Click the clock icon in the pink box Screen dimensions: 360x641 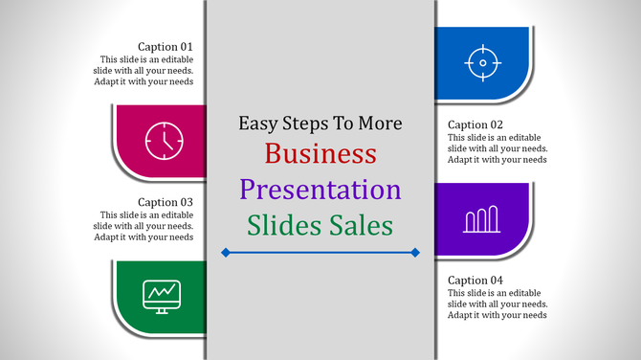coord(164,141)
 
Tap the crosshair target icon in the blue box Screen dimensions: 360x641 coord(483,64)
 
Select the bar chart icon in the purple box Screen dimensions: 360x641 coord(482,219)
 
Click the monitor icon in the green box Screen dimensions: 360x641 coord(160,295)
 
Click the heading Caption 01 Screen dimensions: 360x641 coord(166,46)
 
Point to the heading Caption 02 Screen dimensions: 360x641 coord(475,124)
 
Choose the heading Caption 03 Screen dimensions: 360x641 coord(166,202)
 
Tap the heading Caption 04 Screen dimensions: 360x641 coord(475,280)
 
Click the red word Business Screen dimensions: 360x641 coord(320,153)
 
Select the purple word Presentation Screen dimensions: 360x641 coord(320,189)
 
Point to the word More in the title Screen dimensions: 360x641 coord(378,124)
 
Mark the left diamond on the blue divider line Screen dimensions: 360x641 coord(225,253)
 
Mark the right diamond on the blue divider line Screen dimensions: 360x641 coord(415,253)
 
